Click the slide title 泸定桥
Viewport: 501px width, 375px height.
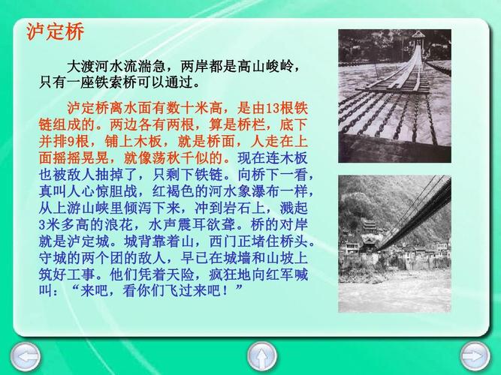pos(55,31)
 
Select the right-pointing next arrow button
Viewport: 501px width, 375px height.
pos(474,355)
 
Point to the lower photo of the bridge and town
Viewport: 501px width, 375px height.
pos(394,244)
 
